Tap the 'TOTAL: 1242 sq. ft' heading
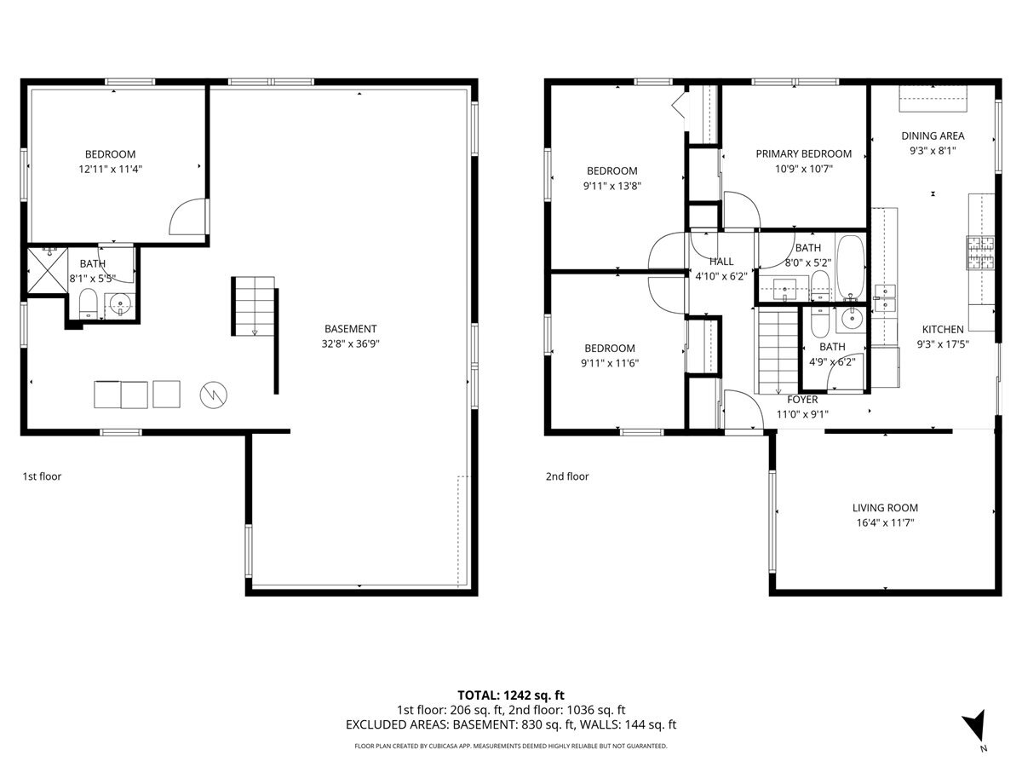510,695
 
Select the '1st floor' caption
42,476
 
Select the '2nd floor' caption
567,476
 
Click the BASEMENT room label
350,329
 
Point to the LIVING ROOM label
885,508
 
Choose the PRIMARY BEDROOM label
804,153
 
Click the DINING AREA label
933,136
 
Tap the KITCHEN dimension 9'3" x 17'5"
943,344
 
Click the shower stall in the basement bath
48,270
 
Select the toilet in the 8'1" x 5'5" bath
88,303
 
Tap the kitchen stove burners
980,252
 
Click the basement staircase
254,306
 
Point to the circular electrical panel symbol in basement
213,395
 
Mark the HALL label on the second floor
721,262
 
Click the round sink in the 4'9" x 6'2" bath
852,319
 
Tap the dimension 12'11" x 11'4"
110,169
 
